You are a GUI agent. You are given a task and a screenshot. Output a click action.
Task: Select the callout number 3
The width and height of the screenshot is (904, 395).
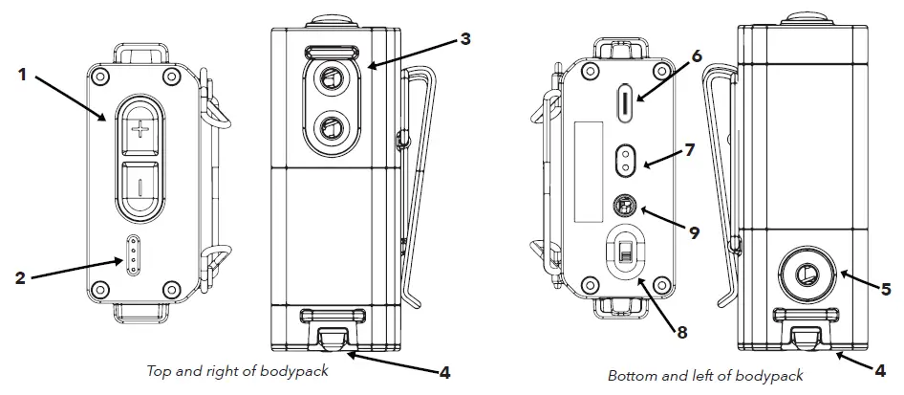tap(464, 39)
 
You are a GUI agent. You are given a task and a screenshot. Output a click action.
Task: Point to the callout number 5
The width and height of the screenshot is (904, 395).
tap(885, 287)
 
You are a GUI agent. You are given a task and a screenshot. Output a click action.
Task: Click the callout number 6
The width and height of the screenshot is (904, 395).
tap(697, 56)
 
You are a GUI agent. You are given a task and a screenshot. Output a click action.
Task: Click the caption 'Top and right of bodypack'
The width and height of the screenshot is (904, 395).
tap(237, 371)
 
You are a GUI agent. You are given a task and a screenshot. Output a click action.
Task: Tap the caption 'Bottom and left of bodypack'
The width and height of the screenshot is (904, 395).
tap(705, 375)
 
